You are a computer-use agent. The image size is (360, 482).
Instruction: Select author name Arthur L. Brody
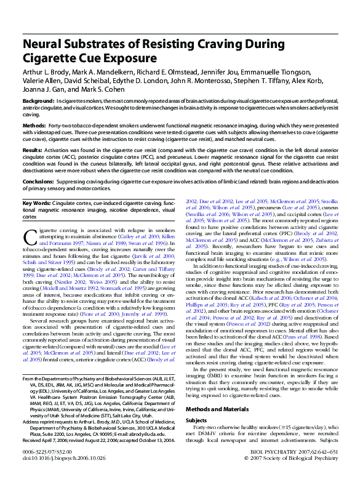(48, 72)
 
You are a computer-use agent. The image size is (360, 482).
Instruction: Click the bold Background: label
(38, 100)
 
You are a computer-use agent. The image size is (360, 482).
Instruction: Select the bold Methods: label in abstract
(34, 124)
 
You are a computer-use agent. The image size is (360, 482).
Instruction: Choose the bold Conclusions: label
(38, 182)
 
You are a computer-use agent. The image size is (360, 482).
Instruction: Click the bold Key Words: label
(38, 203)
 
